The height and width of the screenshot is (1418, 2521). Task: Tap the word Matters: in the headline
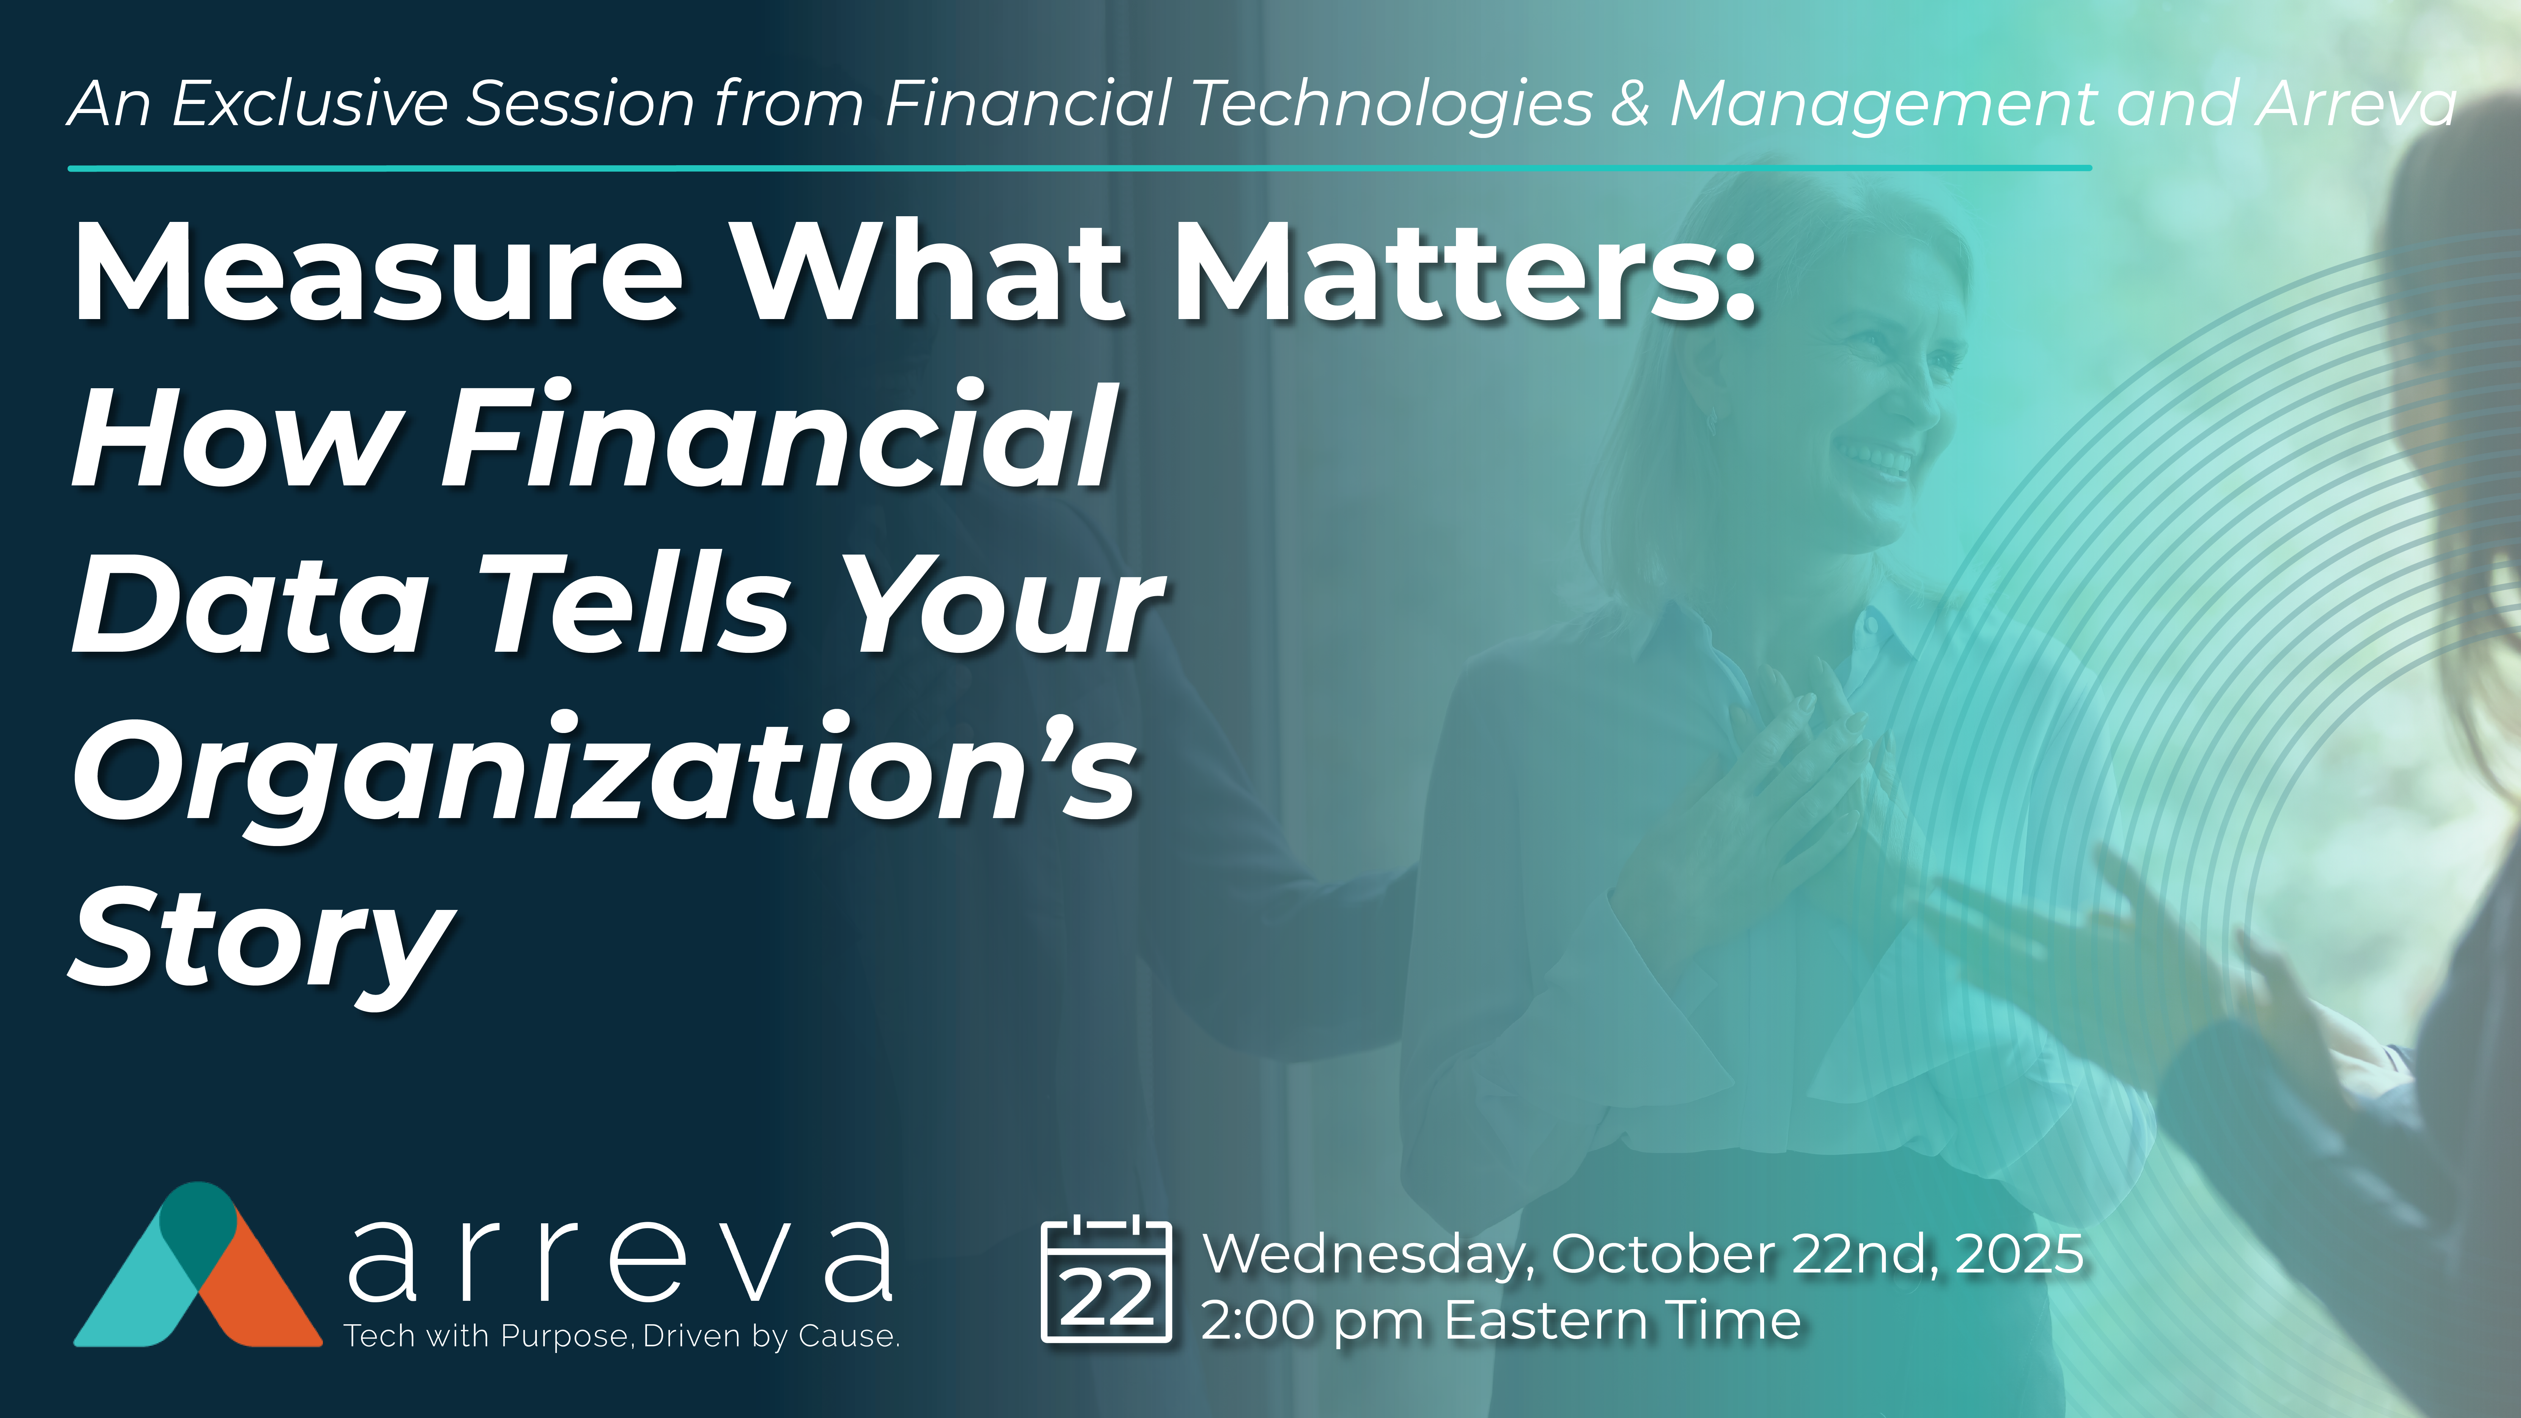[x=1465, y=272]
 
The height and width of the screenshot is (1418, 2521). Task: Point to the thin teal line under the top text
[x=1079, y=168]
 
